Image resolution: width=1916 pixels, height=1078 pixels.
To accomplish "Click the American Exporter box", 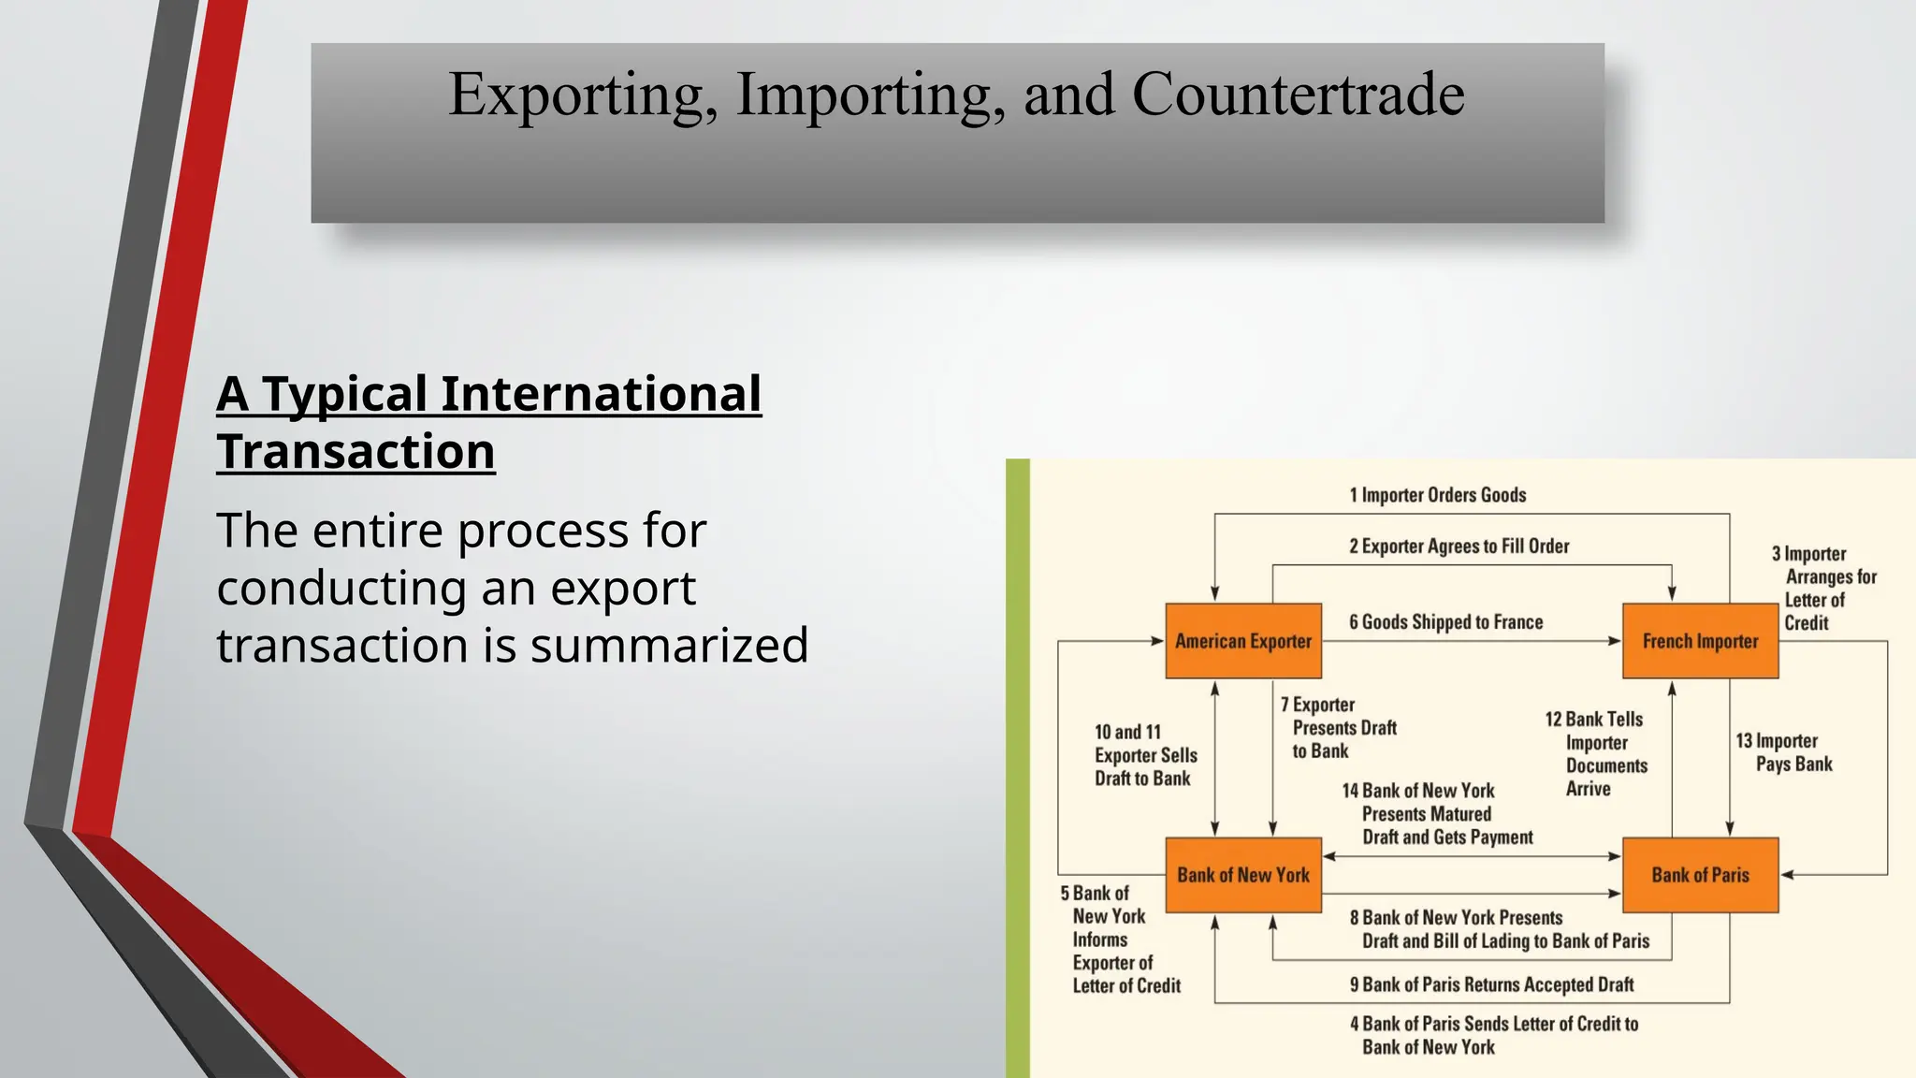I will tap(1242, 641).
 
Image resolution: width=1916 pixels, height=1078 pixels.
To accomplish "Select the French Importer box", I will tap(1700, 641).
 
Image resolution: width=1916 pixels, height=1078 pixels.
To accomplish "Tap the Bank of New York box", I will tap(1242, 875).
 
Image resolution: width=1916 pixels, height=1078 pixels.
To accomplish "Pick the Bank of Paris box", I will tap(1700, 875).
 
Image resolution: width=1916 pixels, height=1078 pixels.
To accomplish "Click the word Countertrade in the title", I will tap(1298, 95).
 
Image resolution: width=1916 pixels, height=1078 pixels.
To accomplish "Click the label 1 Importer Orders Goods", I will tap(1437, 495).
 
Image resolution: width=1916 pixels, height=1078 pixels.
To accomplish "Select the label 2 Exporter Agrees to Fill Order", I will tap(1459, 546).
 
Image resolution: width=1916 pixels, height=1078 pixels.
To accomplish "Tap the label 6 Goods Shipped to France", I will tap(1445, 622).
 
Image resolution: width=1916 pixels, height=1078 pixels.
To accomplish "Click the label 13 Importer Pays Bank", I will tap(1784, 752).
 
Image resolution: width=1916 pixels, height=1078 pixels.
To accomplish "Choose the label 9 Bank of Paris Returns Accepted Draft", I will tap(1491, 984).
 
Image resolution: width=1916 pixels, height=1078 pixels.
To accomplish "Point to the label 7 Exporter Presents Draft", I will tap(1338, 728).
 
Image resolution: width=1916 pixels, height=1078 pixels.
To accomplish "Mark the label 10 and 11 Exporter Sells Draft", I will tap(1145, 755).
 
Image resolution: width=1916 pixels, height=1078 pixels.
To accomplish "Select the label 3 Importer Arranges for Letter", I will tap(1823, 588).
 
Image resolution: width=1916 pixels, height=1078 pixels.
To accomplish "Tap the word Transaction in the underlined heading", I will tap(356, 452).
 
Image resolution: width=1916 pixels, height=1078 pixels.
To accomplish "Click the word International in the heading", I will tap(601, 394).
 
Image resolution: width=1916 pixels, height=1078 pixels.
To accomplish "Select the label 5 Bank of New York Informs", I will tap(1119, 939).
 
